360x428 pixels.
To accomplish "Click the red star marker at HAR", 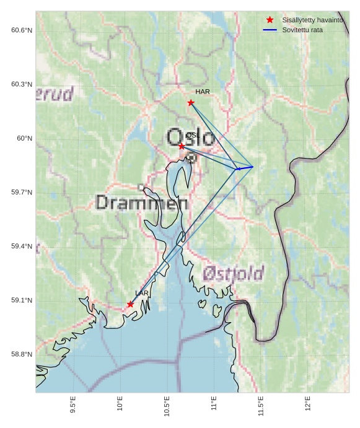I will pos(191,103).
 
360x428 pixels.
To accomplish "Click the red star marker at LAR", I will pos(130,304).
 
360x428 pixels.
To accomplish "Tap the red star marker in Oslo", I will pos(182,146).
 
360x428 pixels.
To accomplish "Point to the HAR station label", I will pos(203,92).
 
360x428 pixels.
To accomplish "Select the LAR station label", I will pos(142,293).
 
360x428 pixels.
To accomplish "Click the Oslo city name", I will pos(191,137).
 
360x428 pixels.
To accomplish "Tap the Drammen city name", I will pos(142,203).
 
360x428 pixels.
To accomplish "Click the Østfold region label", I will pos(233,273).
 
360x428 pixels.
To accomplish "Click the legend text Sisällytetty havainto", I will pos(312,20).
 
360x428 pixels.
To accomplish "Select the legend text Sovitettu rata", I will pos(302,30).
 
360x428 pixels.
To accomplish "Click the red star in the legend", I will pos(270,20).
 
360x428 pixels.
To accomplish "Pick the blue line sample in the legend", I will pos(270,30).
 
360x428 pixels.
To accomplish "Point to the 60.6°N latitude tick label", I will pos(22,30).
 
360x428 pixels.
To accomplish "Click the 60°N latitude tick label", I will pos(24,138).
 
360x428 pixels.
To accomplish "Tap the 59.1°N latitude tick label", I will pos(22,300).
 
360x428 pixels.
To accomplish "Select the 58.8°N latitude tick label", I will pos(22,354).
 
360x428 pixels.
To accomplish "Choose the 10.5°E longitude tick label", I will pos(167,406).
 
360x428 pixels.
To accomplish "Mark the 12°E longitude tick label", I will pos(308,404).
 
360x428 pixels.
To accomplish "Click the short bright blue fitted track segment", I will pos(245,167).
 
